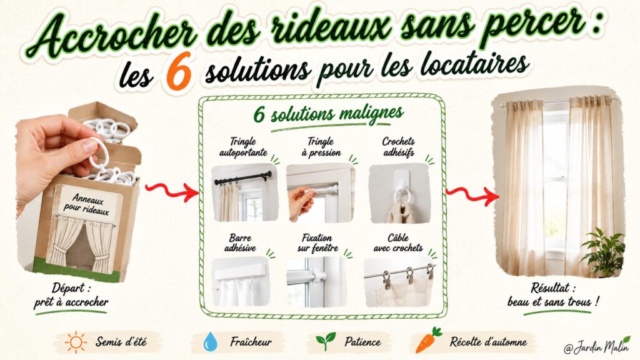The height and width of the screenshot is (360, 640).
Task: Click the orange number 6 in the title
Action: [179, 71]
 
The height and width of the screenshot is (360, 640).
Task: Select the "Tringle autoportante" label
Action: [243, 147]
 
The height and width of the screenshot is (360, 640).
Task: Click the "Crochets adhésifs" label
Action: [398, 147]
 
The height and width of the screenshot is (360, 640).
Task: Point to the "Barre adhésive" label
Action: [241, 242]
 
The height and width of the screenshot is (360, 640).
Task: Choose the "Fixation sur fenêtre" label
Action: [317, 243]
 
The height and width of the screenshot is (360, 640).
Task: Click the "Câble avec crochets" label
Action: [398, 243]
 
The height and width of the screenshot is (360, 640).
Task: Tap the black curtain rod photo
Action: [244, 192]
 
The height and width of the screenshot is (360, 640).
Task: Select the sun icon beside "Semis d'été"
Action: [76, 342]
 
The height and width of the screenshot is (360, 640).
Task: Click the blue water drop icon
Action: [210, 342]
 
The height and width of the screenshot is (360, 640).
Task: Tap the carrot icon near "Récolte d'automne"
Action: [428, 339]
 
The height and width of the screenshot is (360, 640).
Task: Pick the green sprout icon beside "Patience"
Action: [325, 341]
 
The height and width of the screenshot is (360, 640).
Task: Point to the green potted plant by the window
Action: [602, 252]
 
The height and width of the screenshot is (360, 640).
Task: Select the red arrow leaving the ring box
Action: [172, 191]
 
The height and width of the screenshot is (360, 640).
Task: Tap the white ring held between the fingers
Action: [99, 152]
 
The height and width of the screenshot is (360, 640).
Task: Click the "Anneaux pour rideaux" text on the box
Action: [86, 204]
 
